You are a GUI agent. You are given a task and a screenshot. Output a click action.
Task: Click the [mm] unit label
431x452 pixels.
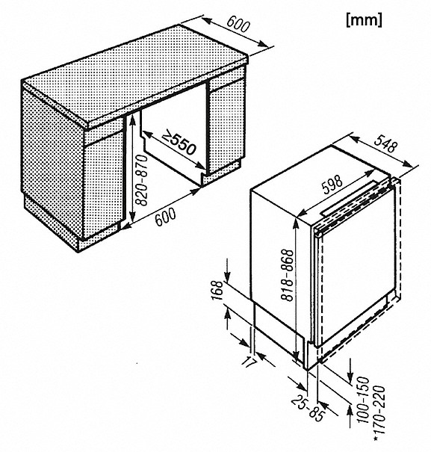coord(364,20)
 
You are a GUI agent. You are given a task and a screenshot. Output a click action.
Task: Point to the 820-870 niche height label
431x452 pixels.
coord(141,180)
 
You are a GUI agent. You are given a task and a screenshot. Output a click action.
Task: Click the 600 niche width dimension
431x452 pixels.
coord(165,216)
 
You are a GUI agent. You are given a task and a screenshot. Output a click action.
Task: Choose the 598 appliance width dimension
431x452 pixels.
coord(332,185)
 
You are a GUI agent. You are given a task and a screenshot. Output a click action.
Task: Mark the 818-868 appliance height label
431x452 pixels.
coord(287,275)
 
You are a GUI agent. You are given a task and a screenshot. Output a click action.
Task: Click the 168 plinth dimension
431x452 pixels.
coord(217,291)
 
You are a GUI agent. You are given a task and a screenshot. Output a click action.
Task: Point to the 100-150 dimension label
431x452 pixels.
coord(363,400)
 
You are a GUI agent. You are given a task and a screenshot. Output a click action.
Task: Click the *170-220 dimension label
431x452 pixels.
coord(379,415)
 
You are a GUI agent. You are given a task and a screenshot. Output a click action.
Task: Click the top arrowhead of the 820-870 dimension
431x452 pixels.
coord(133,120)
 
